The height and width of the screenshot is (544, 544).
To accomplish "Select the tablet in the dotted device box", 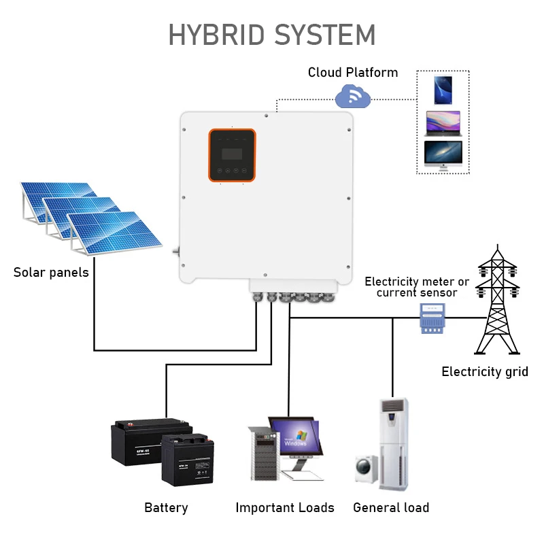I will pos(443,90).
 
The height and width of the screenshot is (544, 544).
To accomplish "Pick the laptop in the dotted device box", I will pos(443,123).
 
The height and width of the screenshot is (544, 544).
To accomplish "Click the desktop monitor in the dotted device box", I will pos(443,154).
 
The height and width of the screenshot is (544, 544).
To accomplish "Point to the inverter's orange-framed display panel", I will pos(232,156).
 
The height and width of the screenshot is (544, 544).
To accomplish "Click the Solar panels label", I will pos(51,273).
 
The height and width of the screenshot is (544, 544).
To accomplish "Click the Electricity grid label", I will pos(484,371).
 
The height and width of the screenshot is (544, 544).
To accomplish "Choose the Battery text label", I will pos(166,507).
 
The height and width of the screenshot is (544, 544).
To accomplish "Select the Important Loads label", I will pos(285,507).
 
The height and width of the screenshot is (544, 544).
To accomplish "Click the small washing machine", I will pos(366,469).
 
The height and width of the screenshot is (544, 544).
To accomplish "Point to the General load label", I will pos(391,507).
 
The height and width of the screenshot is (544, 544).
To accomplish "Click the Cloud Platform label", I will pos(352,72).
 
